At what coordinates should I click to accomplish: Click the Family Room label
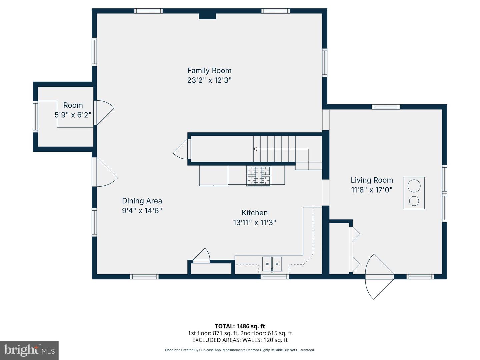coord(209,71)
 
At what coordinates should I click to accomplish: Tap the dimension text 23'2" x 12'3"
coord(209,80)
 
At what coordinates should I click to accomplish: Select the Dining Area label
coord(142,201)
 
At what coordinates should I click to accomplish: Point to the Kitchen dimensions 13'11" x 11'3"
coord(254,223)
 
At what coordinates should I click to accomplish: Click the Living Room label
coord(372,180)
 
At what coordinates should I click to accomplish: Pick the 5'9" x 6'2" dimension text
coord(73,115)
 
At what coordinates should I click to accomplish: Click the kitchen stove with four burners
coord(259,176)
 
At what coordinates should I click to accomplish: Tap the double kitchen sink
coord(272,264)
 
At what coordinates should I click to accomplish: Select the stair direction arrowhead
coord(255,149)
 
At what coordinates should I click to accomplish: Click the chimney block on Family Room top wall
coord(207,16)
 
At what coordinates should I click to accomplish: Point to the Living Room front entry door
coord(379,277)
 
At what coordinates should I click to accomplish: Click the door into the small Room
coord(104,113)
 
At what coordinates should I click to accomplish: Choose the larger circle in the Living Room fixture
coord(414,186)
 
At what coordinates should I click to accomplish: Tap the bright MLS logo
coord(29,350)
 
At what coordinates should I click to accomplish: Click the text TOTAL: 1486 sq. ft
coord(240,326)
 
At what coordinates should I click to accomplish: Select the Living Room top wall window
coord(386,107)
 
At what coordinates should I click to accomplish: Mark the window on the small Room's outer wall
coord(35,117)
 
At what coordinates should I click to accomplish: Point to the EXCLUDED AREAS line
coord(240,340)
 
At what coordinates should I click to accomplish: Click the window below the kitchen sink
coord(275,277)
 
